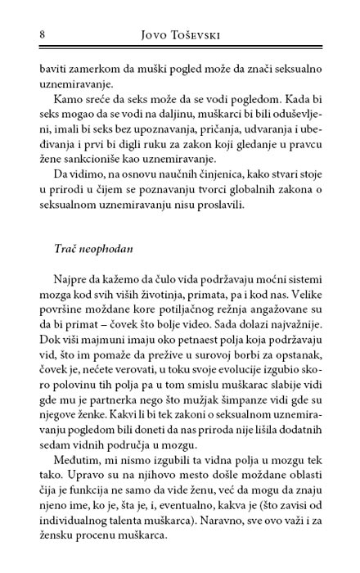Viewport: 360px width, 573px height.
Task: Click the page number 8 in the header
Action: pyautogui.click(x=18, y=35)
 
